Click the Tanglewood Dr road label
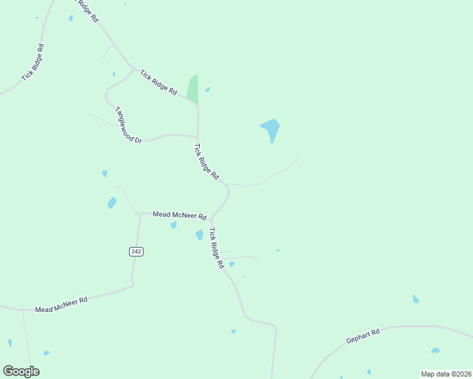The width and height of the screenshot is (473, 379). click(x=128, y=124)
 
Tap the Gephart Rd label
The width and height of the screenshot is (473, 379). click(x=362, y=336)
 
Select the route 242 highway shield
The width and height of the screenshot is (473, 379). click(x=136, y=251)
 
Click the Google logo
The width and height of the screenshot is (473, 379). click(x=21, y=371)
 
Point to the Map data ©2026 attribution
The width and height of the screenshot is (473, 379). click(x=446, y=374)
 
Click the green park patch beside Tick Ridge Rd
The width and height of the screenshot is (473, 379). click(x=193, y=89)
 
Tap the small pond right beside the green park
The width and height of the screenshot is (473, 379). click(x=207, y=90)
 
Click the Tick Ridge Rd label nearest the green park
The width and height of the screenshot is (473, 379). click(x=159, y=82)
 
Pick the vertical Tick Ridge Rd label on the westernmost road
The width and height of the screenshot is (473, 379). click(x=33, y=62)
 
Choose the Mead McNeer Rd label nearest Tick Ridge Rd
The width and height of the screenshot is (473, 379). click(x=180, y=215)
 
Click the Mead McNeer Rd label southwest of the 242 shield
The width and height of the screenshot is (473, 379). click(x=61, y=304)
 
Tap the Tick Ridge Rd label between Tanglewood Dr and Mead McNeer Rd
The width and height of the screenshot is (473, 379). click(x=206, y=161)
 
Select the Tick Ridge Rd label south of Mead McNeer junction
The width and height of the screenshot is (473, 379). click(x=217, y=248)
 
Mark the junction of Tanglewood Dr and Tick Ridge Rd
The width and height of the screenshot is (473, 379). click(x=198, y=136)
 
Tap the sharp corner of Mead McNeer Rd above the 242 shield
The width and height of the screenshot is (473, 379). click(x=140, y=214)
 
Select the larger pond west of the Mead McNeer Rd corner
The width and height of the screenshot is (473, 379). click(x=112, y=203)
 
